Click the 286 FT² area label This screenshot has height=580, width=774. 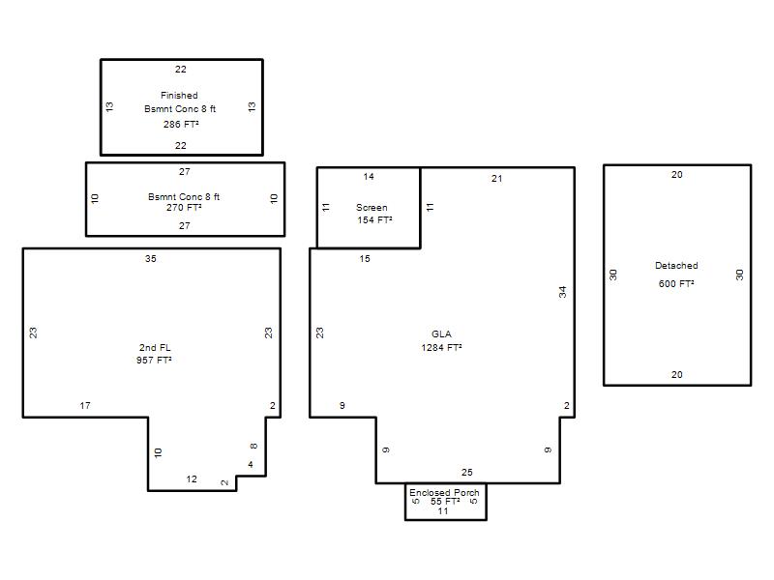coord(181,125)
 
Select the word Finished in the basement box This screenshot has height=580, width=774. coord(179,95)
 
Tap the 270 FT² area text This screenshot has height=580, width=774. coord(184,208)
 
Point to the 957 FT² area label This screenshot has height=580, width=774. coord(154,360)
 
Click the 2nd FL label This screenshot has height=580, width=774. coord(155,348)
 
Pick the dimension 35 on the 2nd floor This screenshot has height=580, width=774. coord(151,258)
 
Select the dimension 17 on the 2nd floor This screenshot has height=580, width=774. coord(85,405)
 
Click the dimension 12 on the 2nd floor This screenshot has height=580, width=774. coord(192,478)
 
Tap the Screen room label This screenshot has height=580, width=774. coord(372,208)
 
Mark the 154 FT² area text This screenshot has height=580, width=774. coord(375,220)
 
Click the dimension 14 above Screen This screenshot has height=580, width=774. coord(369,177)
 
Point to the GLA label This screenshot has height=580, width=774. coord(441,333)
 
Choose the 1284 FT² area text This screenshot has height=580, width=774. coord(442,347)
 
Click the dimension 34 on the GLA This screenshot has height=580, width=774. coord(563,292)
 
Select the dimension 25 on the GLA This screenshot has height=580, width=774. coord(467,472)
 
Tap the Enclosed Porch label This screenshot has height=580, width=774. coord(444,492)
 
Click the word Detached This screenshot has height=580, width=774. coord(676,265)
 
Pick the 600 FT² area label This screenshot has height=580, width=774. coord(676,283)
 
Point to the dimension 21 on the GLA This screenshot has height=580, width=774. coord(496,179)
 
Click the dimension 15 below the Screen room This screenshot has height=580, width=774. coord(365,258)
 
